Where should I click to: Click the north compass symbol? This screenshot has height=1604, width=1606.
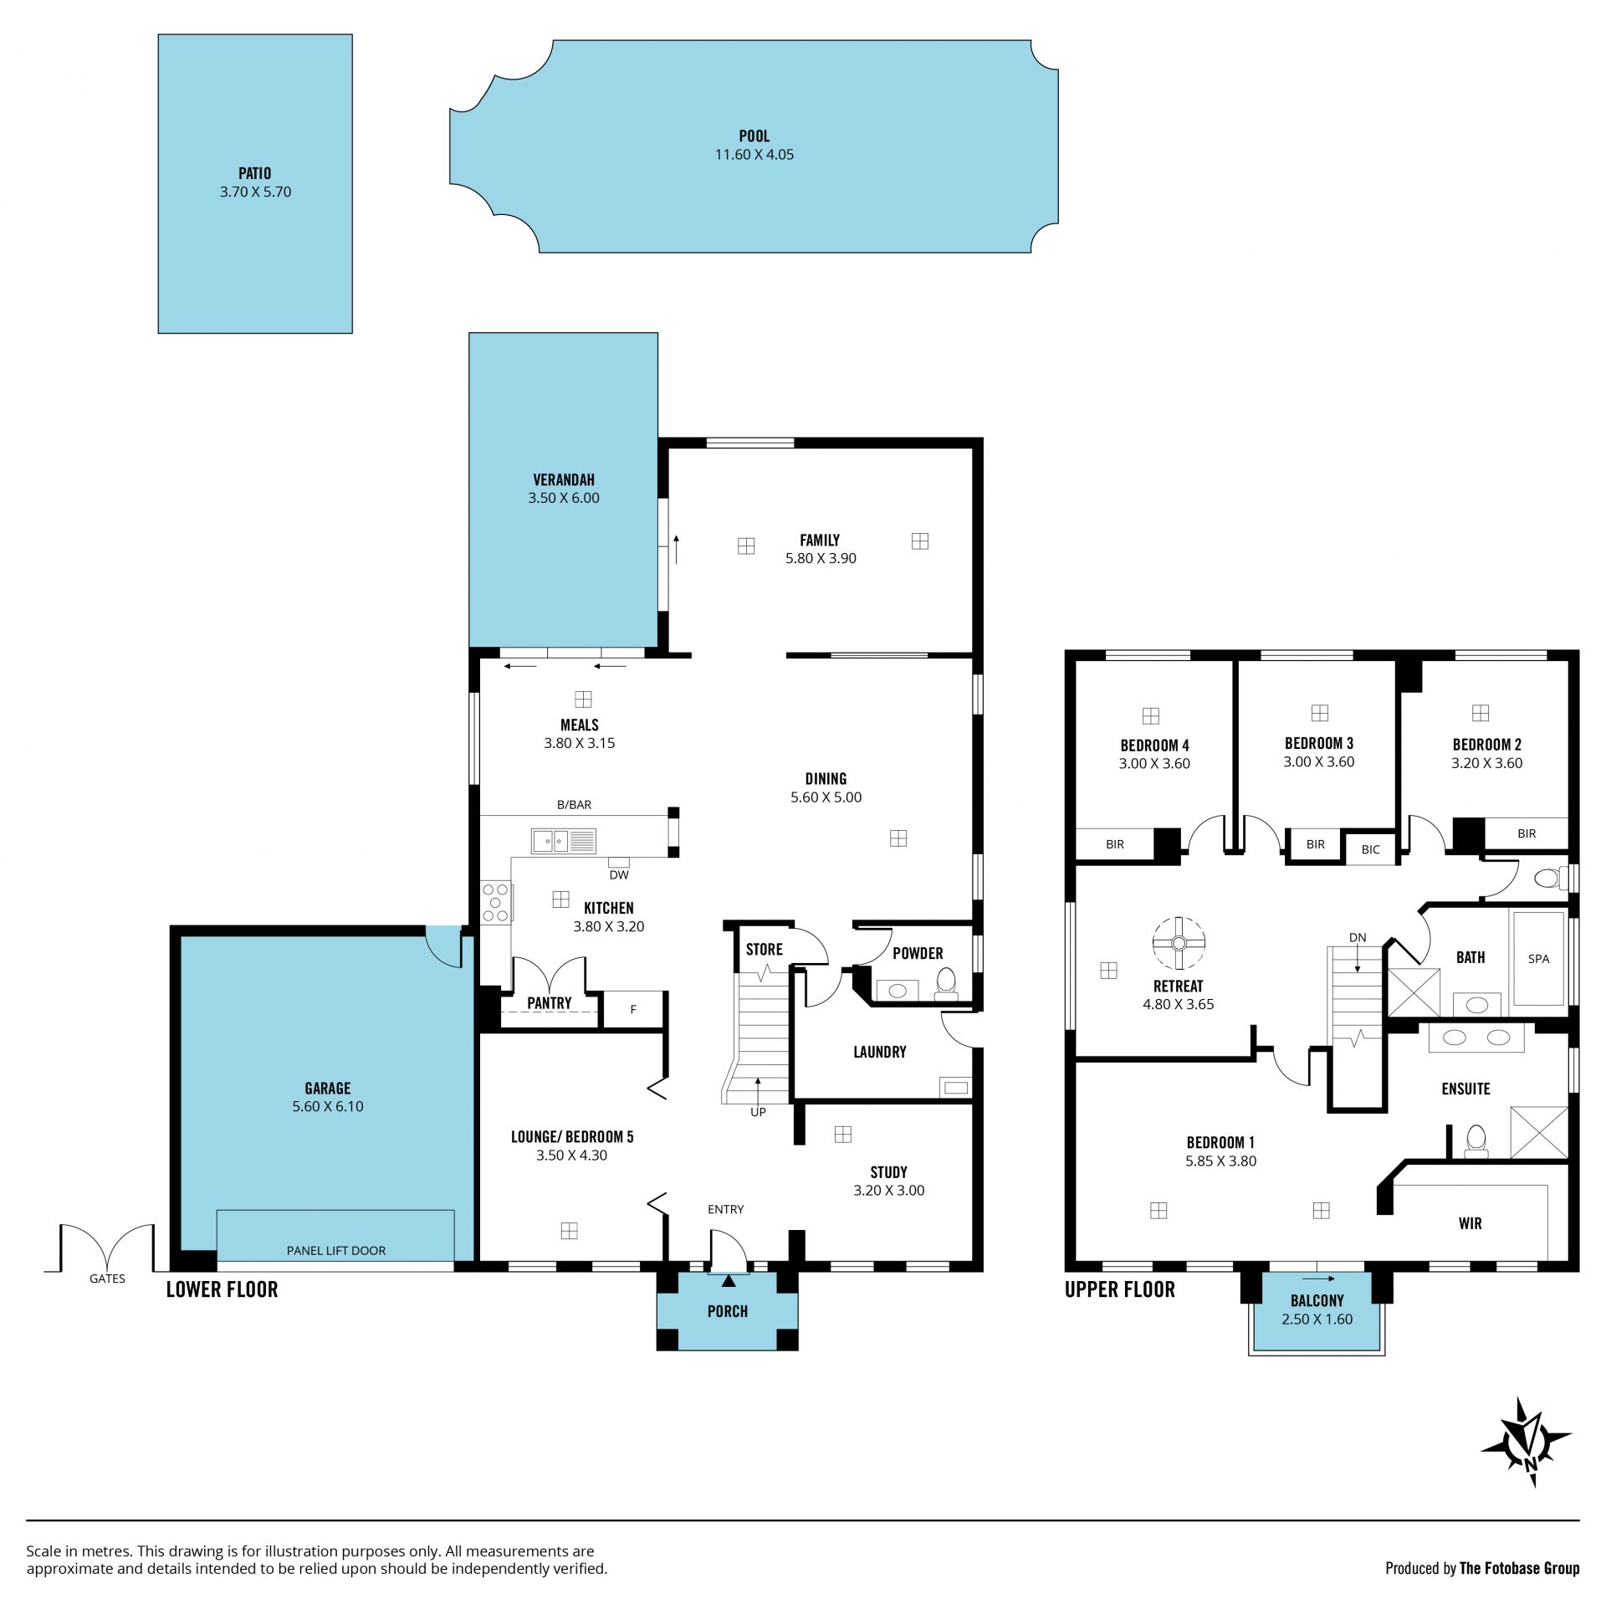[1527, 1442]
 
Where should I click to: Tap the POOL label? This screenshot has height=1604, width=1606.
[754, 136]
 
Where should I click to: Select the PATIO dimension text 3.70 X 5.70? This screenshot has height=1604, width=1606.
[255, 192]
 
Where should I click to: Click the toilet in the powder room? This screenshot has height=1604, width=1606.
[946, 984]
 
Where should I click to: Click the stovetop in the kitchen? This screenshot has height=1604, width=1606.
[496, 903]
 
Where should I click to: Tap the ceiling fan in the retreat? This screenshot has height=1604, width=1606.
[1179, 943]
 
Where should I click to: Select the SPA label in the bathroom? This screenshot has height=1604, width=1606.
[1538, 959]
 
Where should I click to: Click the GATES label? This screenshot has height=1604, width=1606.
[107, 1278]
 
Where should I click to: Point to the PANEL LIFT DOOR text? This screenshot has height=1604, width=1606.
[336, 1250]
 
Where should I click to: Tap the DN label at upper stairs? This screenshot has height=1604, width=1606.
[1358, 937]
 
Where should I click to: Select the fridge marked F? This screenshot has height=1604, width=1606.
[633, 1010]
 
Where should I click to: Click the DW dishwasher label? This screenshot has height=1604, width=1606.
[619, 875]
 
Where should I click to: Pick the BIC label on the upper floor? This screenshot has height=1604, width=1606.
[1370, 849]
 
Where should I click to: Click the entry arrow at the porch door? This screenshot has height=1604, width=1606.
[729, 1280]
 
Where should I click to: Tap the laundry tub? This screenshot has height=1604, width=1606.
[955, 1088]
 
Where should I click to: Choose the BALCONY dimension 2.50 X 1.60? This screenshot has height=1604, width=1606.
[1317, 1319]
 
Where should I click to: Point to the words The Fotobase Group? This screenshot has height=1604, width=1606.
[1519, 1568]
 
